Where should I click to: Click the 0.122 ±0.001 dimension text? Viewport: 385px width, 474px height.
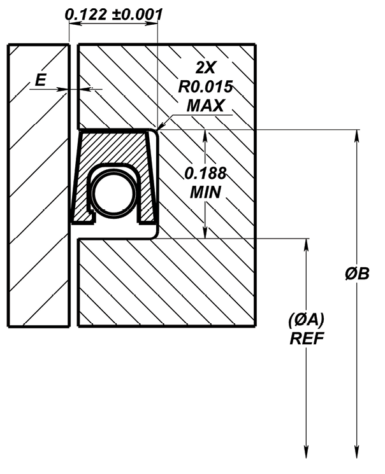[x=114, y=14]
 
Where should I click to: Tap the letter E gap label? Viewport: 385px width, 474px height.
[x=41, y=80]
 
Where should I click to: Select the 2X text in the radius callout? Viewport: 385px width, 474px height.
[x=205, y=68]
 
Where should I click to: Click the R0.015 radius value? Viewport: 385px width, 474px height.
[x=205, y=87]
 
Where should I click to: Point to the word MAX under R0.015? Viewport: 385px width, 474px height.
[x=205, y=106]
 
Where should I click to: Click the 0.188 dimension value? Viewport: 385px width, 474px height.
[x=206, y=173]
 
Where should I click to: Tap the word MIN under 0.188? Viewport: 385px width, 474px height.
[x=206, y=192]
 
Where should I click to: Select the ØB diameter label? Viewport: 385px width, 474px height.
[x=358, y=274]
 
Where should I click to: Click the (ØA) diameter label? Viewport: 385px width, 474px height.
[x=306, y=320]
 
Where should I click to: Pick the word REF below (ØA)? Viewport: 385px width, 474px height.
[x=307, y=338]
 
